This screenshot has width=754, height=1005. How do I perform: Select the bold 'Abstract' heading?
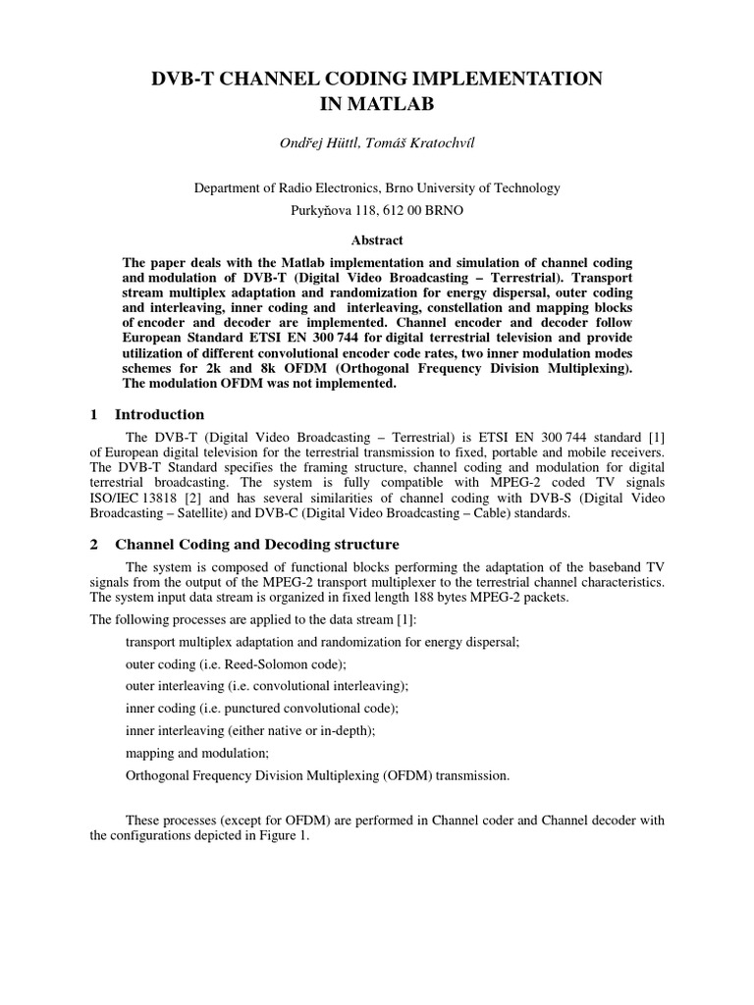point(376,240)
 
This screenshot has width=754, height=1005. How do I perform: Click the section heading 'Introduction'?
point(159,414)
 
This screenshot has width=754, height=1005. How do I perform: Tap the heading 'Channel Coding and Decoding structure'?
point(257,545)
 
